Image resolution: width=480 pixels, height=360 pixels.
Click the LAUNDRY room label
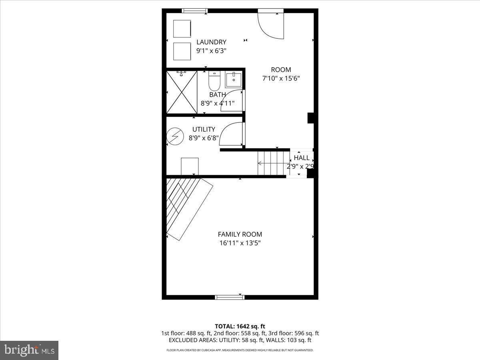pos(211,42)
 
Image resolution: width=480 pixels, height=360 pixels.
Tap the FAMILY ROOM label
pos(240,234)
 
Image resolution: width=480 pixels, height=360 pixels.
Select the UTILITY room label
pos(204,130)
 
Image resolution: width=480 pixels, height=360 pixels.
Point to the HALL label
pos(302,158)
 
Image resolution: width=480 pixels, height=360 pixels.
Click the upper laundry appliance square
pos(182,28)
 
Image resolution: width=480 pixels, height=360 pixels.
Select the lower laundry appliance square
pos(182,51)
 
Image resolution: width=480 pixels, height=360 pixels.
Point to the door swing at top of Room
pos(271,25)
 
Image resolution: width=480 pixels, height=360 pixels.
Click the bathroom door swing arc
pos(233,100)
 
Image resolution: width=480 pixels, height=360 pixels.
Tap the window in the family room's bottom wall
pos(230,297)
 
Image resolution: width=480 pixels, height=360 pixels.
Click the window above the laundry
pos(195,11)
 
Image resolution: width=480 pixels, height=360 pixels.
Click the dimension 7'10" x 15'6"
pos(281,79)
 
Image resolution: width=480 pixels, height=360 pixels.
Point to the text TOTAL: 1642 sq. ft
pos(240,326)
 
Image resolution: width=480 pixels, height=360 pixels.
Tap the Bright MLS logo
pos(29,350)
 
